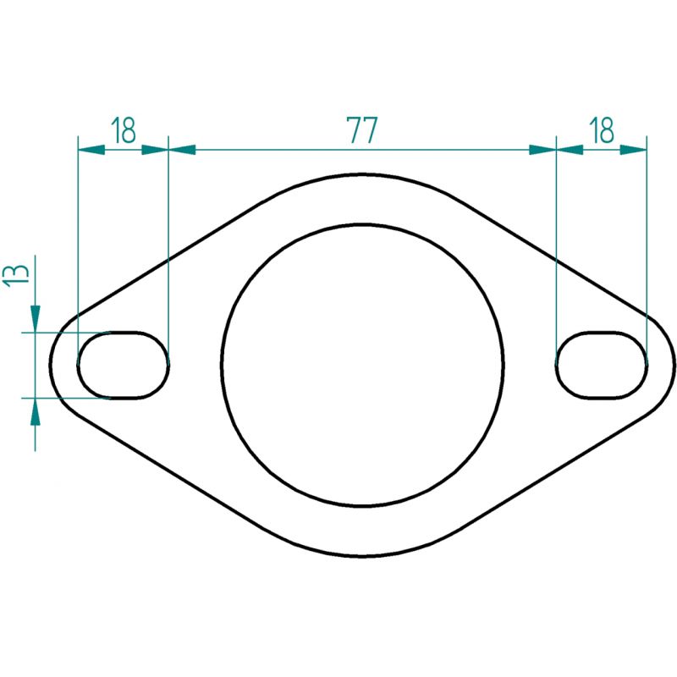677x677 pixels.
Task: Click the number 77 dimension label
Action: coord(362,129)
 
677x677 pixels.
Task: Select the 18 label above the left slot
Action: coord(123,129)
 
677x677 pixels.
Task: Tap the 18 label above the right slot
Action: coord(601,129)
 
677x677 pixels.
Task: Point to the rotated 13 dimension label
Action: coord(16,274)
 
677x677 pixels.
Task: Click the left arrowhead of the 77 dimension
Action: coord(182,150)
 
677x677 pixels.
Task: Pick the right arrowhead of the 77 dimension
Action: coord(542,150)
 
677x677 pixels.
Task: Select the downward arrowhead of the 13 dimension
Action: coord(35,319)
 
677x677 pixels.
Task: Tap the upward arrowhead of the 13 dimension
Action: coord(35,411)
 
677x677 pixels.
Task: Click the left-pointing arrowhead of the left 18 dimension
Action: coord(91,150)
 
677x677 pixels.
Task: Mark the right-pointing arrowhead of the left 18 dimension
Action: coord(155,150)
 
